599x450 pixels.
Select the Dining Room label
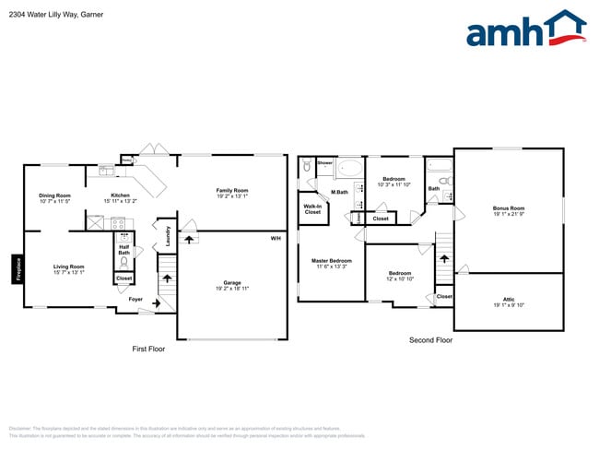click(54, 197)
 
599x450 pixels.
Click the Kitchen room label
click(121, 197)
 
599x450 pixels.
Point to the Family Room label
click(232, 193)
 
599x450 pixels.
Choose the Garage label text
click(231, 286)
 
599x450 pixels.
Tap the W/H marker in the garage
click(275, 240)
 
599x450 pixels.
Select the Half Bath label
click(123, 250)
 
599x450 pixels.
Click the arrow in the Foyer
click(145, 302)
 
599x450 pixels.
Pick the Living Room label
click(69, 269)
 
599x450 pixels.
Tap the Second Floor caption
click(430, 340)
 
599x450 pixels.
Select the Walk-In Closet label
click(312, 209)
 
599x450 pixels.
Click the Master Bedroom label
click(330, 264)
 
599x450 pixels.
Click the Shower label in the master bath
click(324, 163)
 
